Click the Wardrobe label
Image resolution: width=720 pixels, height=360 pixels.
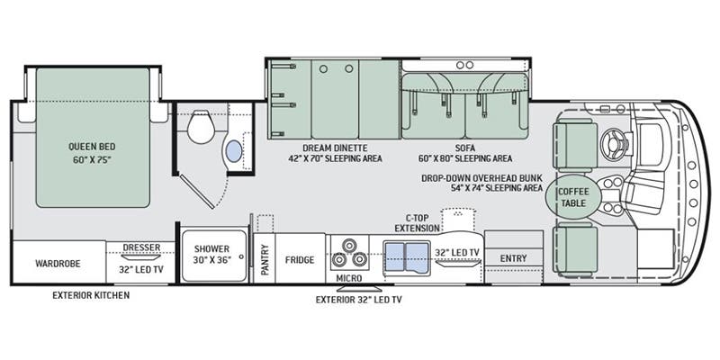[58, 264]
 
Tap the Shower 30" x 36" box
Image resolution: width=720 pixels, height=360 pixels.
[213, 255]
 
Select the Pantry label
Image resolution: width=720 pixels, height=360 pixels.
[265, 259]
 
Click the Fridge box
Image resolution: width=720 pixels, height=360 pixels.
[300, 260]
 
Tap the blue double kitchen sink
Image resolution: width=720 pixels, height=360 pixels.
[407, 257]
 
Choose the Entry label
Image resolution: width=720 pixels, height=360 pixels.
[513, 259]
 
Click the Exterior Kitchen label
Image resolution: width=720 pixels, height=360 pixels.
[90, 295]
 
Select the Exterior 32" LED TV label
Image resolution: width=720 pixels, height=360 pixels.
[359, 300]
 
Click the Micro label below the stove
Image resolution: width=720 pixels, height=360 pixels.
[349, 278]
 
